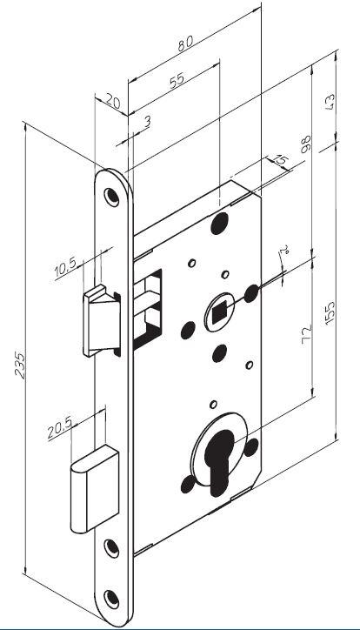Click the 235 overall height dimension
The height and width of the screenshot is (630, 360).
(x=20, y=365)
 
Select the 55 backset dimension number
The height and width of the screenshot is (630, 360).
(x=177, y=80)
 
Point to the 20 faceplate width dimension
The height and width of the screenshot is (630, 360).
(x=113, y=102)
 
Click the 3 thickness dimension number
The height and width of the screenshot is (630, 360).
(x=147, y=121)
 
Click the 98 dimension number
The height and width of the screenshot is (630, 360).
(x=306, y=144)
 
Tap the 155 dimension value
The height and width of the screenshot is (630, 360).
(x=330, y=312)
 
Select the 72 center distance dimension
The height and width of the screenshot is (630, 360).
(x=306, y=333)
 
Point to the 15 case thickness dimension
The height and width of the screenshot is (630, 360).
(x=281, y=160)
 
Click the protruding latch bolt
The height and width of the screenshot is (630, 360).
(x=101, y=320)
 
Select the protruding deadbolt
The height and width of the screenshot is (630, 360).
(x=95, y=488)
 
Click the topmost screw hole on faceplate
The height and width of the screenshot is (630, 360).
(x=111, y=197)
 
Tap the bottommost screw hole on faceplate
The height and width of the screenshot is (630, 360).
(x=111, y=600)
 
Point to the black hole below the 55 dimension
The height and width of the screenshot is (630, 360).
(x=219, y=224)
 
